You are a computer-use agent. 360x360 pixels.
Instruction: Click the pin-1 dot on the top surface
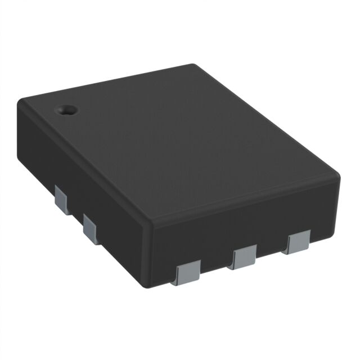pos(67,109)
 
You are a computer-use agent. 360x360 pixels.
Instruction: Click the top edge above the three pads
pos(242,201)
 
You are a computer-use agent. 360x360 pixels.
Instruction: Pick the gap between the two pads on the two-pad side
pos(75,212)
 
